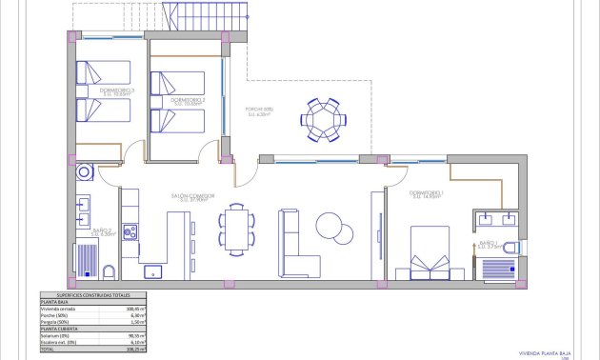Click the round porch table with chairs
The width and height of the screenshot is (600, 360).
[324, 118]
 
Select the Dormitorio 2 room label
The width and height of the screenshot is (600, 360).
[189, 99]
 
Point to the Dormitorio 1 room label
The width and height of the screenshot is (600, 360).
[425, 194]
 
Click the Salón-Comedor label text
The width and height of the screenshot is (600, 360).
[192, 196]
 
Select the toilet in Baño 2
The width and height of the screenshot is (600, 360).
[108, 273]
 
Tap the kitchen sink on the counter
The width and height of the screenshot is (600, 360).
[151, 271]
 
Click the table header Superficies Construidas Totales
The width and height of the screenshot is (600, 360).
[95, 295]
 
